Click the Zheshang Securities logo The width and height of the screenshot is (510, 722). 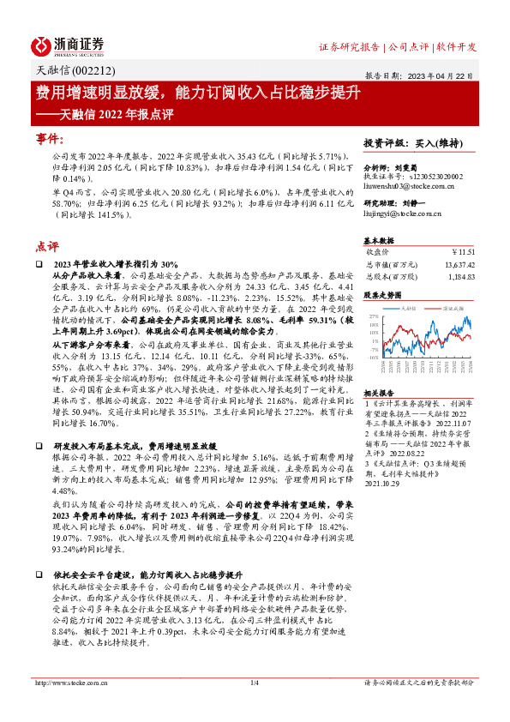68,45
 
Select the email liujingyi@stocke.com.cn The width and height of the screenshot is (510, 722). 401,222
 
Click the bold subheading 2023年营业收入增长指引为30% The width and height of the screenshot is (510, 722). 116,264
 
